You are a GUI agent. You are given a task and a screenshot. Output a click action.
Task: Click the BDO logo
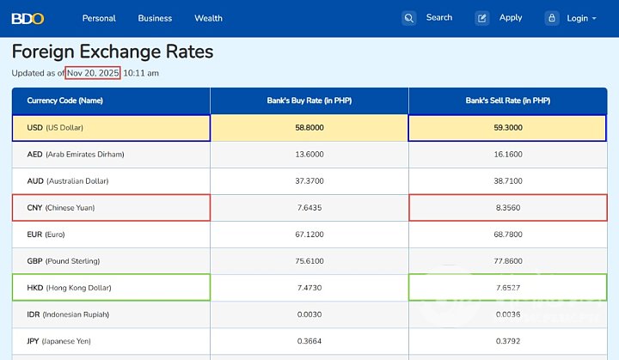(28, 18)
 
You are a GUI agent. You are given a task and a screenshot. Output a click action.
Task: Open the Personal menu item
(99, 18)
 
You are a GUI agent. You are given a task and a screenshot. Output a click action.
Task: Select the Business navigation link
(155, 18)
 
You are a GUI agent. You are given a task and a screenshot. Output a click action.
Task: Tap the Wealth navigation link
(208, 18)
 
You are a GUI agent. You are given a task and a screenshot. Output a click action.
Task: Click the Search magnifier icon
(409, 18)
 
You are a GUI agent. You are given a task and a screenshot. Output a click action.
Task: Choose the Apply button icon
(482, 18)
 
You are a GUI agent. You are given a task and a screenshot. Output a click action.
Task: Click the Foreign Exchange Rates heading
(113, 52)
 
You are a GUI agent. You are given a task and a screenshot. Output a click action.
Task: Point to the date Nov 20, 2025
(93, 73)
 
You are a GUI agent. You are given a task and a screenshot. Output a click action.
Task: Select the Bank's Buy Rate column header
(309, 101)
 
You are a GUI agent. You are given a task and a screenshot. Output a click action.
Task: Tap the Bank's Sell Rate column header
(507, 101)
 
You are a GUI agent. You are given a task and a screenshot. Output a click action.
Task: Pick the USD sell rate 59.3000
(507, 127)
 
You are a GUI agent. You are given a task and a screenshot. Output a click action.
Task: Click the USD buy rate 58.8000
(309, 127)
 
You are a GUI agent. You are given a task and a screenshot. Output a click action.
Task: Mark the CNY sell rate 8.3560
(507, 207)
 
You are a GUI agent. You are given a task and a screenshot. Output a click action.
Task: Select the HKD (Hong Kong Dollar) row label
(69, 287)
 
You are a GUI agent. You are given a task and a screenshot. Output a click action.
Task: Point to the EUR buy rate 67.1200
(309, 234)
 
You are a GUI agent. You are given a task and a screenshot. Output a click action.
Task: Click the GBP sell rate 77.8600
(507, 260)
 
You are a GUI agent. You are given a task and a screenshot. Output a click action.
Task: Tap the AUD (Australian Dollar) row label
(68, 180)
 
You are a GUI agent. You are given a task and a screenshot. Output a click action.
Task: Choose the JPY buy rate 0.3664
(309, 340)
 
